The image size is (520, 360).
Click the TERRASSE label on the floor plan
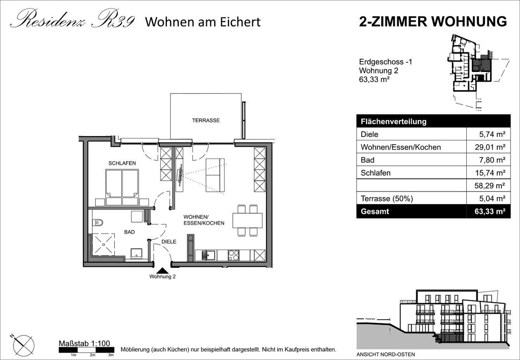(x=206, y=120)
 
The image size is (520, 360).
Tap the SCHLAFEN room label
(x=122, y=163)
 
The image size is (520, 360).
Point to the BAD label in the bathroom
(x=129, y=232)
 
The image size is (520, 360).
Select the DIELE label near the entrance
(x=169, y=242)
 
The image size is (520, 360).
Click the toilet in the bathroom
(x=97, y=223)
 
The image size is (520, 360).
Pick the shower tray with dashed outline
(x=103, y=244)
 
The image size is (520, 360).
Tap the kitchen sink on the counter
(x=208, y=255)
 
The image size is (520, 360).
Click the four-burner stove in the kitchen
(x=233, y=255)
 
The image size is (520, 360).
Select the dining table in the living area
(x=247, y=220)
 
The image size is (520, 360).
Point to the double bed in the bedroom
(x=122, y=188)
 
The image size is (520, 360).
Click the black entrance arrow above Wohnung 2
(x=162, y=271)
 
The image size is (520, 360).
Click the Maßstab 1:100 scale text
(x=84, y=343)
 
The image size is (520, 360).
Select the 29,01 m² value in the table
(x=490, y=147)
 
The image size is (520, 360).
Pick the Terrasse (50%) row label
(x=387, y=198)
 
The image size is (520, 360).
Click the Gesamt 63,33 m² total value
(x=490, y=211)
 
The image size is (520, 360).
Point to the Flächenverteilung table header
(x=393, y=121)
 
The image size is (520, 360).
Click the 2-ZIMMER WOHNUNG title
(x=433, y=22)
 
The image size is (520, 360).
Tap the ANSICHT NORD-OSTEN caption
(x=386, y=354)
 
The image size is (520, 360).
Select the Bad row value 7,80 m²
(x=492, y=160)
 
